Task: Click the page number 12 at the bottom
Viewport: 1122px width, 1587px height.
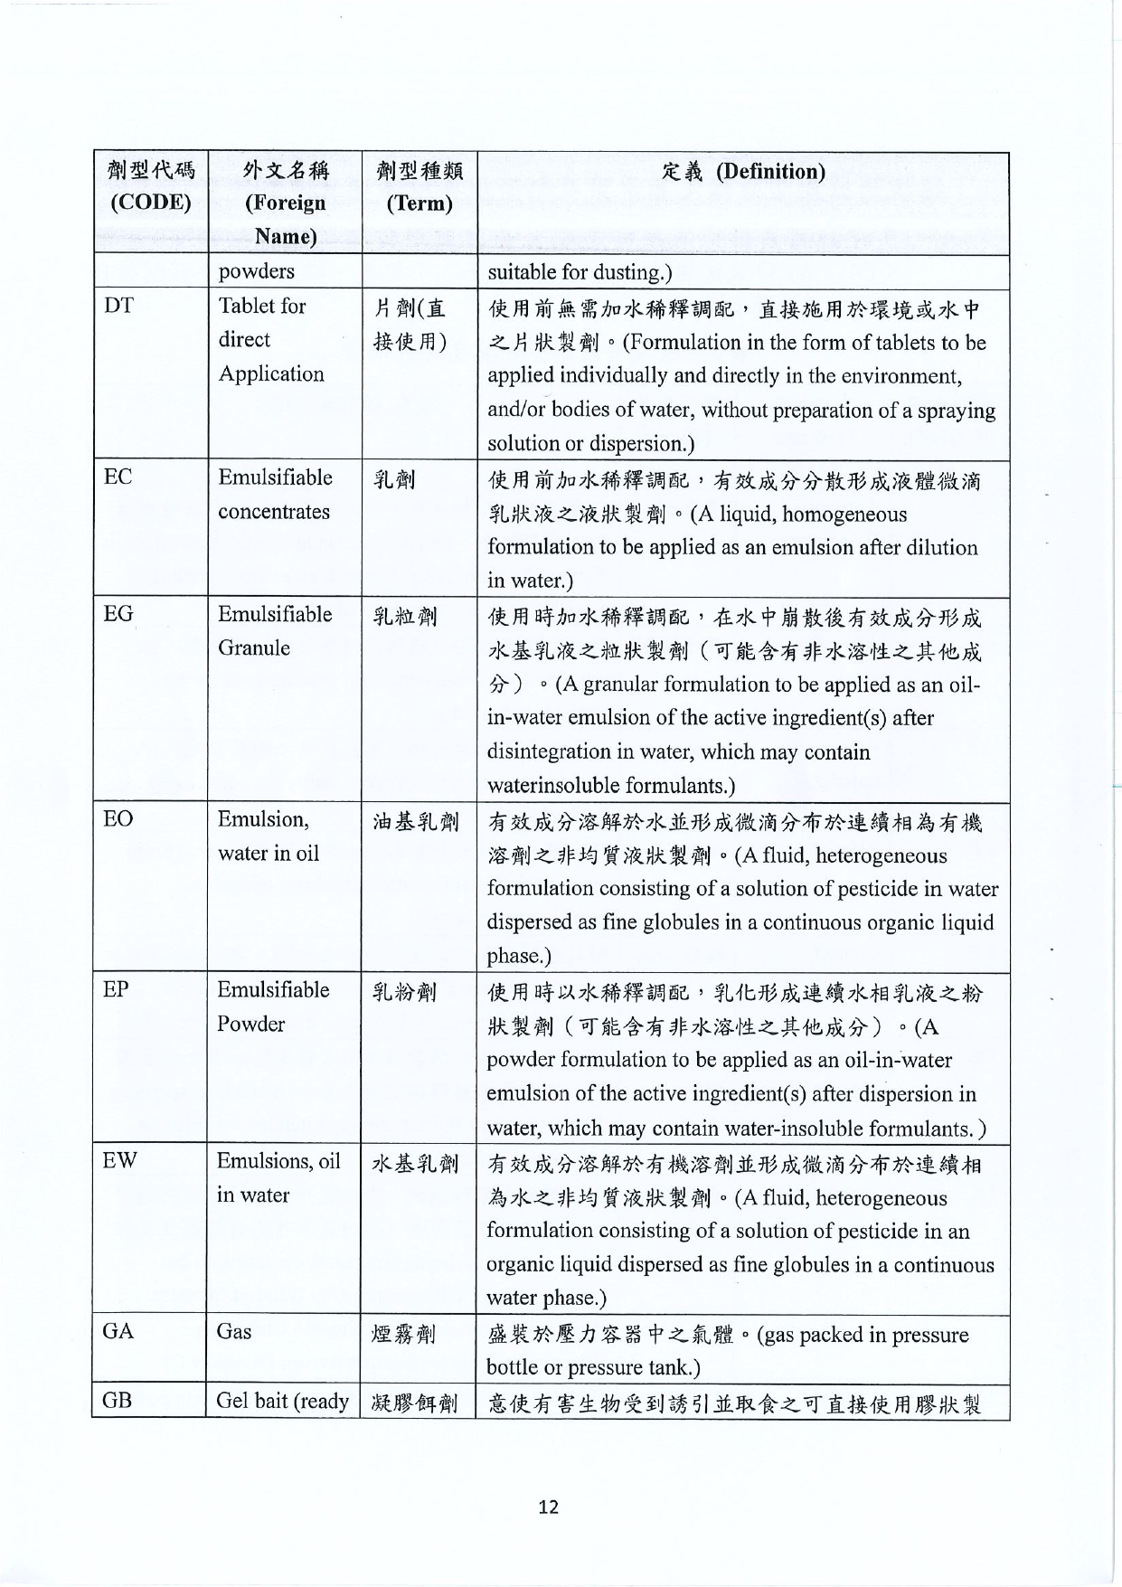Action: click(548, 1507)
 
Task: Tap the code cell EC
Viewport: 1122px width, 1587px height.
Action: click(118, 477)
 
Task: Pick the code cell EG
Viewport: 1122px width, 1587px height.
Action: click(118, 614)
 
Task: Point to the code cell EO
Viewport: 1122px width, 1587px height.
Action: click(118, 819)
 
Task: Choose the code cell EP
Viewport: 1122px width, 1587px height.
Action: click(116, 989)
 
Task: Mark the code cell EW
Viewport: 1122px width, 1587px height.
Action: click(119, 1161)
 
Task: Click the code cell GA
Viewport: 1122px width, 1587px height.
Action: click(118, 1331)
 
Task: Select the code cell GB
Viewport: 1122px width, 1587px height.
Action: click(118, 1401)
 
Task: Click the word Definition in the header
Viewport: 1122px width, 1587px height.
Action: click(770, 172)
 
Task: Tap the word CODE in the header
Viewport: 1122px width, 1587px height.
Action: click(150, 203)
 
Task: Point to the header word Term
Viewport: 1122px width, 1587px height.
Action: click(419, 203)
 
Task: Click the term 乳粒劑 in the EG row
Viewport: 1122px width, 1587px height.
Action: click(405, 617)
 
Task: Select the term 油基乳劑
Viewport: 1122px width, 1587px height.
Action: click(416, 822)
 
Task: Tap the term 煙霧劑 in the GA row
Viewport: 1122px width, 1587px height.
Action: click(405, 1334)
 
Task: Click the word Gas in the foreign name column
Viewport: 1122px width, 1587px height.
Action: click(234, 1331)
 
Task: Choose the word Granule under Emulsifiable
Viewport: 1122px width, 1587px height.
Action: click(254, 647)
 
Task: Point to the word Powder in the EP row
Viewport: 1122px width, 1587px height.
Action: click(250, 1024)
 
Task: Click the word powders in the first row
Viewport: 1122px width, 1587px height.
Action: click(256, 271)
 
